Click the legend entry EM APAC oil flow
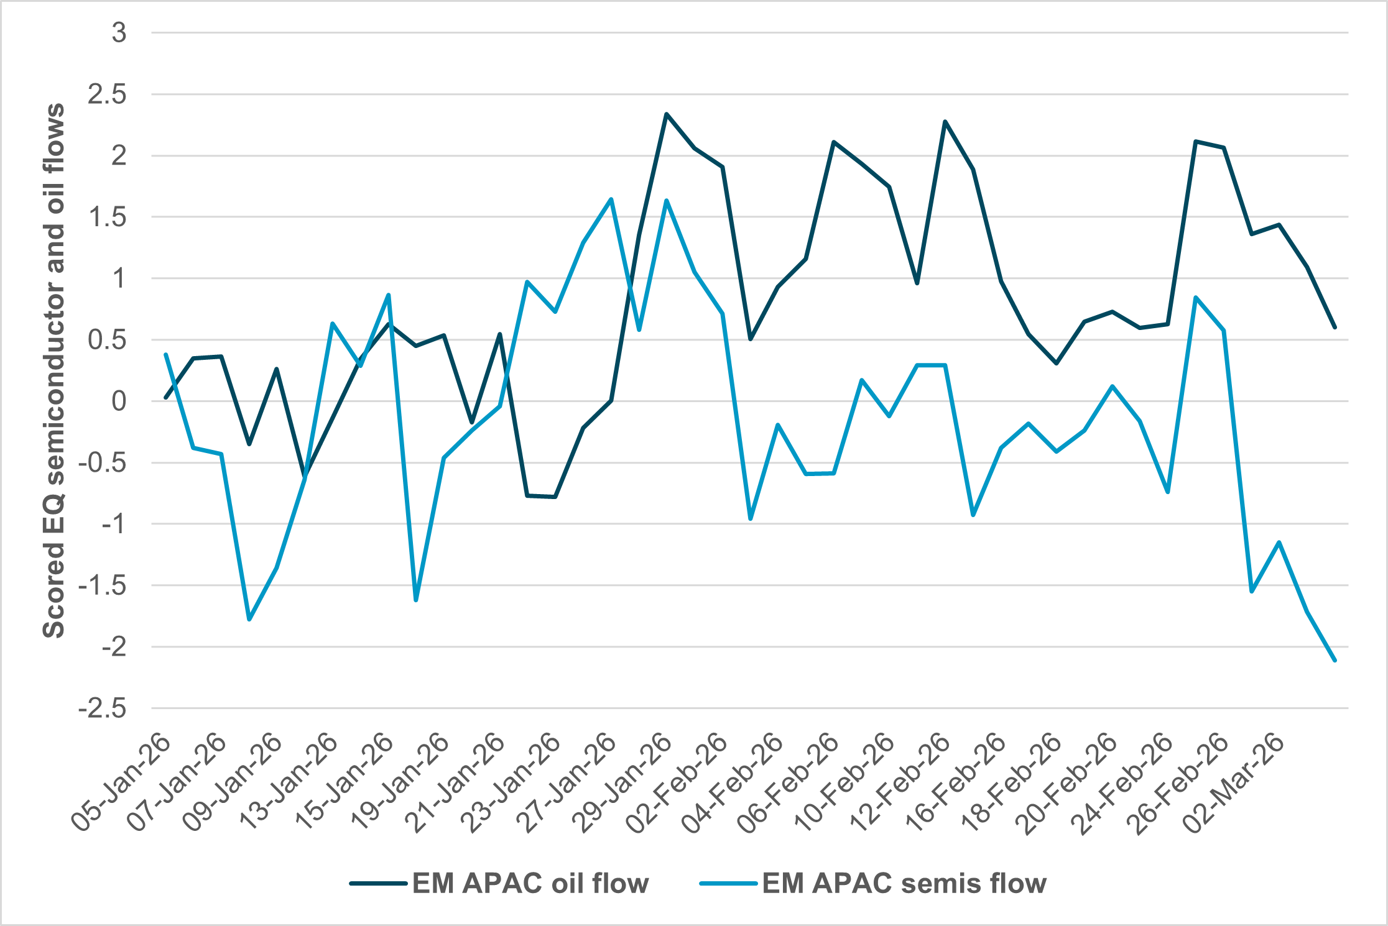(x=530, y=883)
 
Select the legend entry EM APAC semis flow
(x=904, y=883)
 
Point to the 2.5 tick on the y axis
(x=107, y=94)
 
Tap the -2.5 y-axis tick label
(x=103, y=708)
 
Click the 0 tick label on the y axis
(x=118, y=401)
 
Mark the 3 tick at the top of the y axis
(x=119, y=33)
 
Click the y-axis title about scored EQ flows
(x=54, y=370)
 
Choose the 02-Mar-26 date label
(x=1234, y=783)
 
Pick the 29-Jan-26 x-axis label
(x=622, y=783)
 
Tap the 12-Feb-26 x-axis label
(x=900, y=783)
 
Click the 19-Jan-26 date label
(x=399, y=783)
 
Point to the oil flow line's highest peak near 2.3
(x=666, y=114)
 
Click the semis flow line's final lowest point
(x=1335, y=660)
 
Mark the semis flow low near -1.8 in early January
(x=249, y=620)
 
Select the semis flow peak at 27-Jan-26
(x=611, y=199)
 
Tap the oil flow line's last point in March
(x=1335, y=327)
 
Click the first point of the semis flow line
(x=165, y=354)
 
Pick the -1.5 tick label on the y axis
(x=103, y=585)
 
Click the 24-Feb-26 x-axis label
(x=1122, y=783)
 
